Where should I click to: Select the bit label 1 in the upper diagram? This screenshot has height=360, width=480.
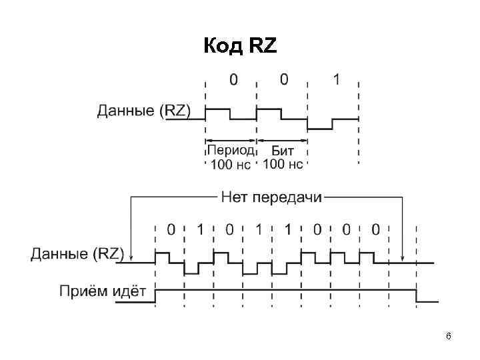pos(336,81)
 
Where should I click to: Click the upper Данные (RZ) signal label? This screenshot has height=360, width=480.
pos(144,111)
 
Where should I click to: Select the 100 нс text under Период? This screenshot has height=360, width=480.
pos(230,164)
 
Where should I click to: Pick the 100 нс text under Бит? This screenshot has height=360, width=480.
pos(283,164)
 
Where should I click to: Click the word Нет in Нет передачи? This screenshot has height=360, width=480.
pos(233,197)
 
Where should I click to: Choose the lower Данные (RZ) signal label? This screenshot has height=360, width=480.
pos(77,253)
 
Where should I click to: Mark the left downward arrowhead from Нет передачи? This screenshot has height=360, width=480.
pos(131,257)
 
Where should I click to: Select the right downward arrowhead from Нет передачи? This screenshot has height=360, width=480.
pos(403,257)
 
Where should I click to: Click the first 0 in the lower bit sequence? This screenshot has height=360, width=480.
pos(171,230)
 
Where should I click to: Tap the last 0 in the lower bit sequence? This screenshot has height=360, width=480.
pos(375,230)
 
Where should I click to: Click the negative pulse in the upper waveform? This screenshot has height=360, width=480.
pos(320,125)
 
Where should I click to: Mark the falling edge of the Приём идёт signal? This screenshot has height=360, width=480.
pos(417,297)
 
